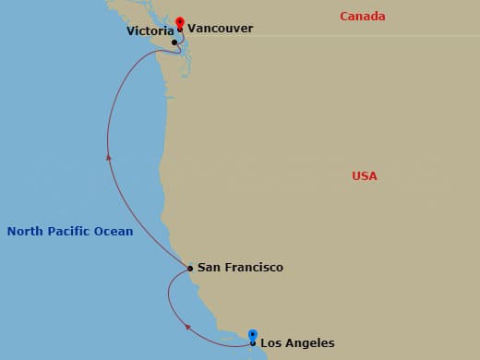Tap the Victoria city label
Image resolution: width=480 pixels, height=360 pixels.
point(149,30)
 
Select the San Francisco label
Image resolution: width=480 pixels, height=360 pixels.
point(240,268)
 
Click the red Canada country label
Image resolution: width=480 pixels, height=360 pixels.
point(363,17)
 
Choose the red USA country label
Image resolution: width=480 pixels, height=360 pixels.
point(365,176)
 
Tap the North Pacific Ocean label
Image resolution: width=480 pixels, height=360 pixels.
point(70,232)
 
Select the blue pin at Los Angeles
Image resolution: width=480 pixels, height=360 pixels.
point(253,335)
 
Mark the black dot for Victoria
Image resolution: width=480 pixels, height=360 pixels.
point(174,42)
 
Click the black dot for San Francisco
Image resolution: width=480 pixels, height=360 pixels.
point(190,269)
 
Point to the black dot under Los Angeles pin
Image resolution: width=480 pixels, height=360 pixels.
point(253,343)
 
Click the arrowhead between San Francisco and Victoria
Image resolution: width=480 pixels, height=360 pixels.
point(109,157)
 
